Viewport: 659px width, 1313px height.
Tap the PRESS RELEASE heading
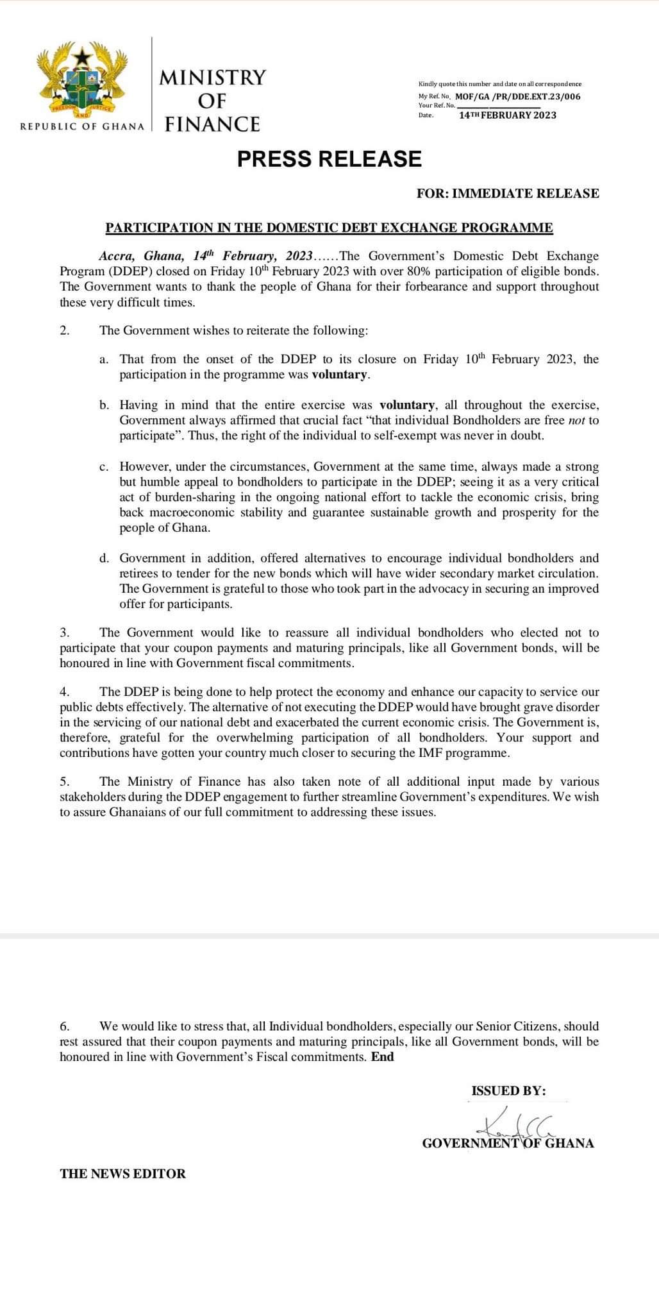point(329,159)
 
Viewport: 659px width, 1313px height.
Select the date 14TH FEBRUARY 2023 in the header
point(508,115)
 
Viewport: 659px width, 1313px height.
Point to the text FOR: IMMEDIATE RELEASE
point(508,193)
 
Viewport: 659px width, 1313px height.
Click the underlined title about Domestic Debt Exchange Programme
point(329,228)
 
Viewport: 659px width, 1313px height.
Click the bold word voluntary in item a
point(340,375)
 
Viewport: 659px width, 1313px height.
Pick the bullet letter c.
point(104,467)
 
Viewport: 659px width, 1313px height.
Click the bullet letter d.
point(104,559)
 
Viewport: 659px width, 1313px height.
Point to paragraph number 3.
point(64,633)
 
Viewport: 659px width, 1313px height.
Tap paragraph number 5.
point(64,782)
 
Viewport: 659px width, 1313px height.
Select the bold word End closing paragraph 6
point(383,1057)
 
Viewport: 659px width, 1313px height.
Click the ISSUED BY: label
point(508,1091)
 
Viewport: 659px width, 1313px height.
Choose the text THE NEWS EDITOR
point(123,1174)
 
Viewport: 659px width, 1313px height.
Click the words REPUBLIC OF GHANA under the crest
point(83,126)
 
